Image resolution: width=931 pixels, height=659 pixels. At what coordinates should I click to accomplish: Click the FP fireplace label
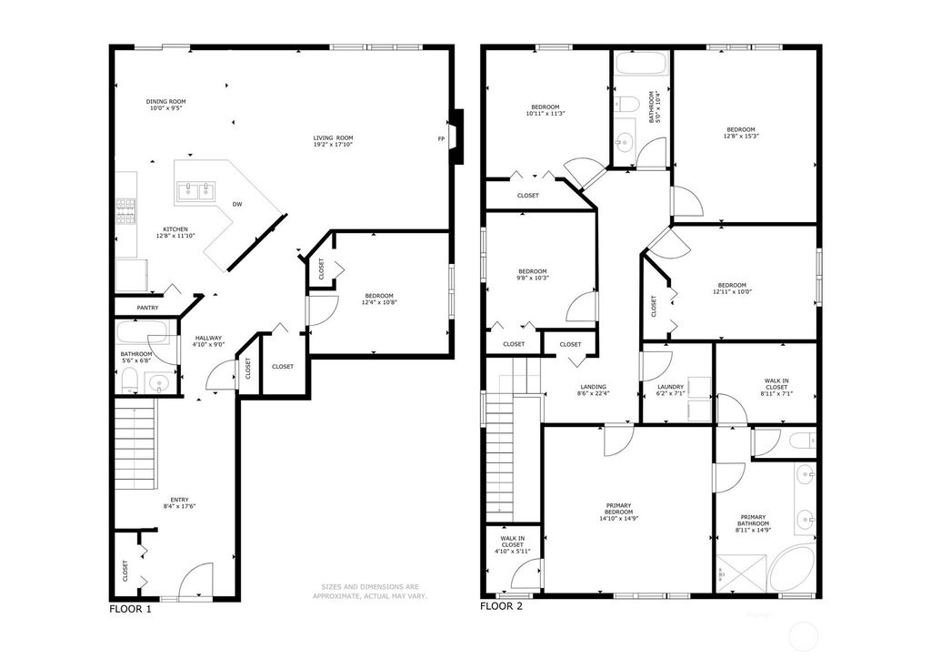pyautogui.click(x=441, y=138)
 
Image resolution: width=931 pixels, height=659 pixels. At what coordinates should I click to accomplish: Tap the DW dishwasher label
pyautogui.click(x=237, y=204)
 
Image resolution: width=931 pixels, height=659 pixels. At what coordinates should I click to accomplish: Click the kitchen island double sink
pyautogui.click(x=197, y=191)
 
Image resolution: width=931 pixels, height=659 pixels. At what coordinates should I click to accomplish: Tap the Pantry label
pyautogui.click(x=147, y=308)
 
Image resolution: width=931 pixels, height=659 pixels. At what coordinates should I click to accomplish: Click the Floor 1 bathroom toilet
pyautogui.click(x=129, y=380)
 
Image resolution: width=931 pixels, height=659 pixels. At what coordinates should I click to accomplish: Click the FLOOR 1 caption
pyautogui.click(x=130, y=609)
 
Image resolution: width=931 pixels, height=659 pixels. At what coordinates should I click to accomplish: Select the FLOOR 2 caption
pyautogui.click(x=501, y=605)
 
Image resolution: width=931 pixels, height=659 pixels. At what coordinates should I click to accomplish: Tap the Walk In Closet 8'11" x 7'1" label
pyautogui.click(x=776, y=387)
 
